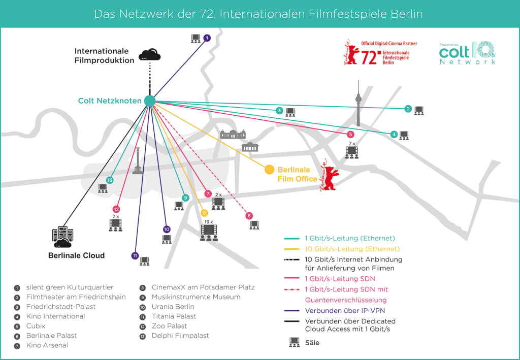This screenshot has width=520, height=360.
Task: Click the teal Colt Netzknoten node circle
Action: (x=149, y=101)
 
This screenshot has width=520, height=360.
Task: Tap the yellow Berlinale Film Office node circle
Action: (x=270, y=169)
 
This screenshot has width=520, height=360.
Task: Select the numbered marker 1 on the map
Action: (x=207, y=38)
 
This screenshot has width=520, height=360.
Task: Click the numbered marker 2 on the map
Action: (x=408, y=109)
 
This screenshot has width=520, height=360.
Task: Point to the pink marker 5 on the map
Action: (x=350, y=135)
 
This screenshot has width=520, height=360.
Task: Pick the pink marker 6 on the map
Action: (x=249, y=216)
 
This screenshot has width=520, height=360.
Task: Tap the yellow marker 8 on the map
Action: (x=205, y=213)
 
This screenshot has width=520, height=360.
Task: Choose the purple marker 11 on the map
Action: (x=135, y=255)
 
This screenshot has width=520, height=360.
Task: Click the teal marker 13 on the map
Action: (x=109, y=180)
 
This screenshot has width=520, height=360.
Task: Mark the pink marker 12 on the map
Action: (x=116, y=209)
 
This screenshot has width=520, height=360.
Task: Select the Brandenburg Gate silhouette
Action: (x=250, y=147)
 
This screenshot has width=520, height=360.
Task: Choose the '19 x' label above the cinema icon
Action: (x=208, y=221)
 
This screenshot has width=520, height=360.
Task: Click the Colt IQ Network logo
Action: (x=467, y=53)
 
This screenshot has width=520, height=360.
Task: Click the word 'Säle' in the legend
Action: (x=312, y=343)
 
